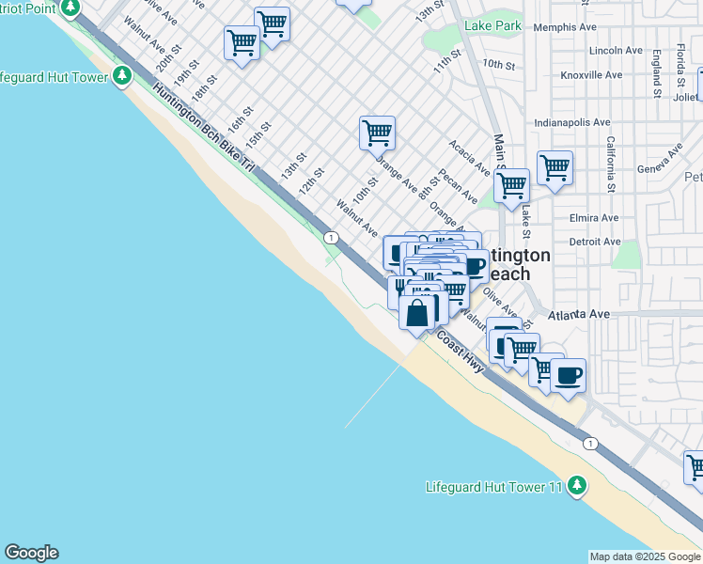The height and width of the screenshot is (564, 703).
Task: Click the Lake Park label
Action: (492, 26)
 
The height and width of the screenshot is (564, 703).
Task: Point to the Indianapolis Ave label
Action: (572, 122)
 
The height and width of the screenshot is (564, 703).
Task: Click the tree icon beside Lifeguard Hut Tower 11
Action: (578, 486)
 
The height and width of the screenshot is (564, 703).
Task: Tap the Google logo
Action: (31, 553)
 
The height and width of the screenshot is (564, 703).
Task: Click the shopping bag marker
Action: (417, 311)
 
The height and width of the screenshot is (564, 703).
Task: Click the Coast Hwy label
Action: (460, 352)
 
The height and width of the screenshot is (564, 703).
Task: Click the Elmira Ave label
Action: (594, 218)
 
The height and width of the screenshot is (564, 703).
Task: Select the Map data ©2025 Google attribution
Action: (645, 556)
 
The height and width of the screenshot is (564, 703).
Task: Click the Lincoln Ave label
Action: (616, 51)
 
